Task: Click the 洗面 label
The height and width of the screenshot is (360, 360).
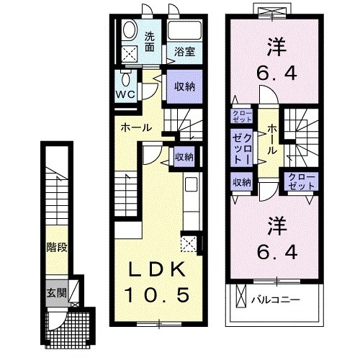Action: (149, 42)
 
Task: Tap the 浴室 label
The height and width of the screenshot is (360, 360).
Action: (184, 51)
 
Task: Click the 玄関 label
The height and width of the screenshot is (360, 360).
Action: (56, 293)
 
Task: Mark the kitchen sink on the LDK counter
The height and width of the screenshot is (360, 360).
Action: (192, 185)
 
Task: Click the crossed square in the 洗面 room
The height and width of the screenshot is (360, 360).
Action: (130, 53)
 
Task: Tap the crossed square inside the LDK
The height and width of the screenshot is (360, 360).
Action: (191, 243)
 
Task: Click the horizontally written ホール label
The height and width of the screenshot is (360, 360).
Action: (136, 127)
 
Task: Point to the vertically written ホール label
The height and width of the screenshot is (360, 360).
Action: (272, 140)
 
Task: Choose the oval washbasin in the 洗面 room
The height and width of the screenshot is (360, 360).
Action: (130, 30)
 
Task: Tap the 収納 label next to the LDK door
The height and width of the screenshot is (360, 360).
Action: (184, 156)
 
